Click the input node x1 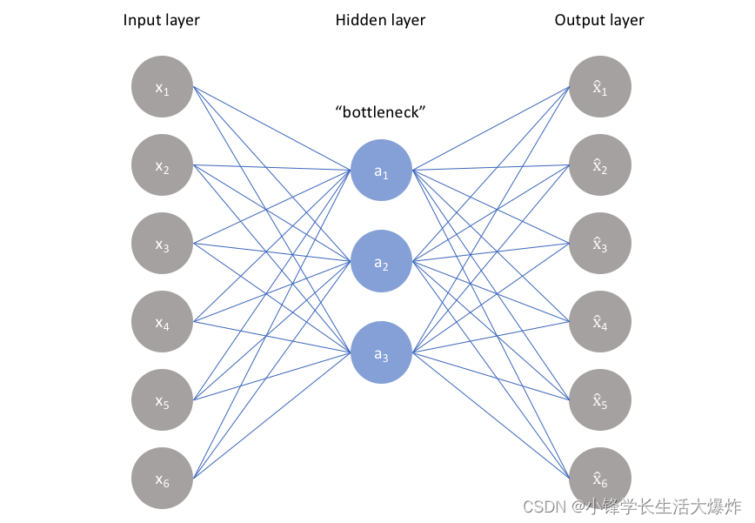(x=162, y=87)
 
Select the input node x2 (x=162, y=165)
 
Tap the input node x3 (x=162, y=244)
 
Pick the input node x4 (x=162, y=322)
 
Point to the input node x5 (x=162, y=400)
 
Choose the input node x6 (x=162, y=478)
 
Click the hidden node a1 (x=381, y=171)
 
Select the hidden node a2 (x=381, y=261)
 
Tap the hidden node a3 (x=381, y=352)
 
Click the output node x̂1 (x=599, y=87)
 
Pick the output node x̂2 (x=599, y=165)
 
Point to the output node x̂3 (x=599, y=244)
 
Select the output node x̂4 (x=599, y=322)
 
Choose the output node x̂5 (x=599, y=400)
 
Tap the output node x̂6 (x=599, y=478)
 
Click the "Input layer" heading (x=162, y=20)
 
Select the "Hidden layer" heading (x=380, y=20)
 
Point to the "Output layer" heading (x=599, y=20)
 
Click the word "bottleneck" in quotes (x=381, y=112)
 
